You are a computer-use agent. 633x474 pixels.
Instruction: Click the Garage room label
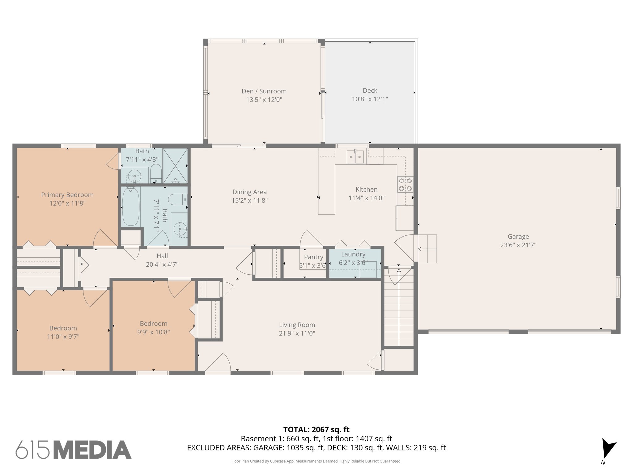tap(518, 237)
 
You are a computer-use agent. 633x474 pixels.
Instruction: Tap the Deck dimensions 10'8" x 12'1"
tap(370, 99)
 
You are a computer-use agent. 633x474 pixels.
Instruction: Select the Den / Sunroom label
tap(264, 91)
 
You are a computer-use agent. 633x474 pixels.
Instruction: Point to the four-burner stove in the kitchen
tap(405, 185)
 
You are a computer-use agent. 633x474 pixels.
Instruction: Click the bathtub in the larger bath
tap(130, 207)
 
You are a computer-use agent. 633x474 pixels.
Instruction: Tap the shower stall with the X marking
tap(175, 166)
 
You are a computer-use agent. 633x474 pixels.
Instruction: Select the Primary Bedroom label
tap(67, 195)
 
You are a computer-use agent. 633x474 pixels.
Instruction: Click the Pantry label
tap(313, 257)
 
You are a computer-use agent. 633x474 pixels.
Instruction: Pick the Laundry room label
tap(353, 254)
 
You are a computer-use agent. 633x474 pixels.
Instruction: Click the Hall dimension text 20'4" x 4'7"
tap(162, 264)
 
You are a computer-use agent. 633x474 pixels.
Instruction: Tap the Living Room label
tap(297, 325)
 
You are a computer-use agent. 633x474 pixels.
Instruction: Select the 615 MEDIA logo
tap(74, 450)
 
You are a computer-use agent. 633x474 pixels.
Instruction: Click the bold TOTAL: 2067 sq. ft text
tap(316, 429)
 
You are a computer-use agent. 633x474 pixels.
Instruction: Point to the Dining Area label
tap(249, 192)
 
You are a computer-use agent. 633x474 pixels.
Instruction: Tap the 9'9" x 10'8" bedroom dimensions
tap(154, 332)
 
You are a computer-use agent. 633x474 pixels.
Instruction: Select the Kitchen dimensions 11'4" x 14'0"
tap(366, 198)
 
